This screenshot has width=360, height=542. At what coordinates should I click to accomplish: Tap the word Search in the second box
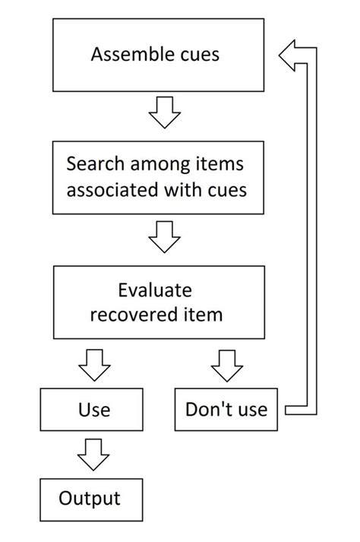(96, 163)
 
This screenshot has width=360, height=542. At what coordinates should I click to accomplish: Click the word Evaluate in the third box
(155, 290)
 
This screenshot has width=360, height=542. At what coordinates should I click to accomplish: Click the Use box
(92, 410)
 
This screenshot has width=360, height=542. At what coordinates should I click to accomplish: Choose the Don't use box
(226, 410)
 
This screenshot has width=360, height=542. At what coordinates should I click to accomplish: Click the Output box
(91, 500)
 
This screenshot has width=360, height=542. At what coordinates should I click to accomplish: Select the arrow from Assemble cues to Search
(165, 113)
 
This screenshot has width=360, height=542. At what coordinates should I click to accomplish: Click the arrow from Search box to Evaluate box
(165, 236)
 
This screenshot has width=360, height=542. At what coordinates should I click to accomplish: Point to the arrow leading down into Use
(94, 365)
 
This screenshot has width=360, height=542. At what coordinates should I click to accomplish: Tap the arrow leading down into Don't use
(227, 366)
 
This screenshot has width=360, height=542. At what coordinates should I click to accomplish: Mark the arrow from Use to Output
(93, 455)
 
